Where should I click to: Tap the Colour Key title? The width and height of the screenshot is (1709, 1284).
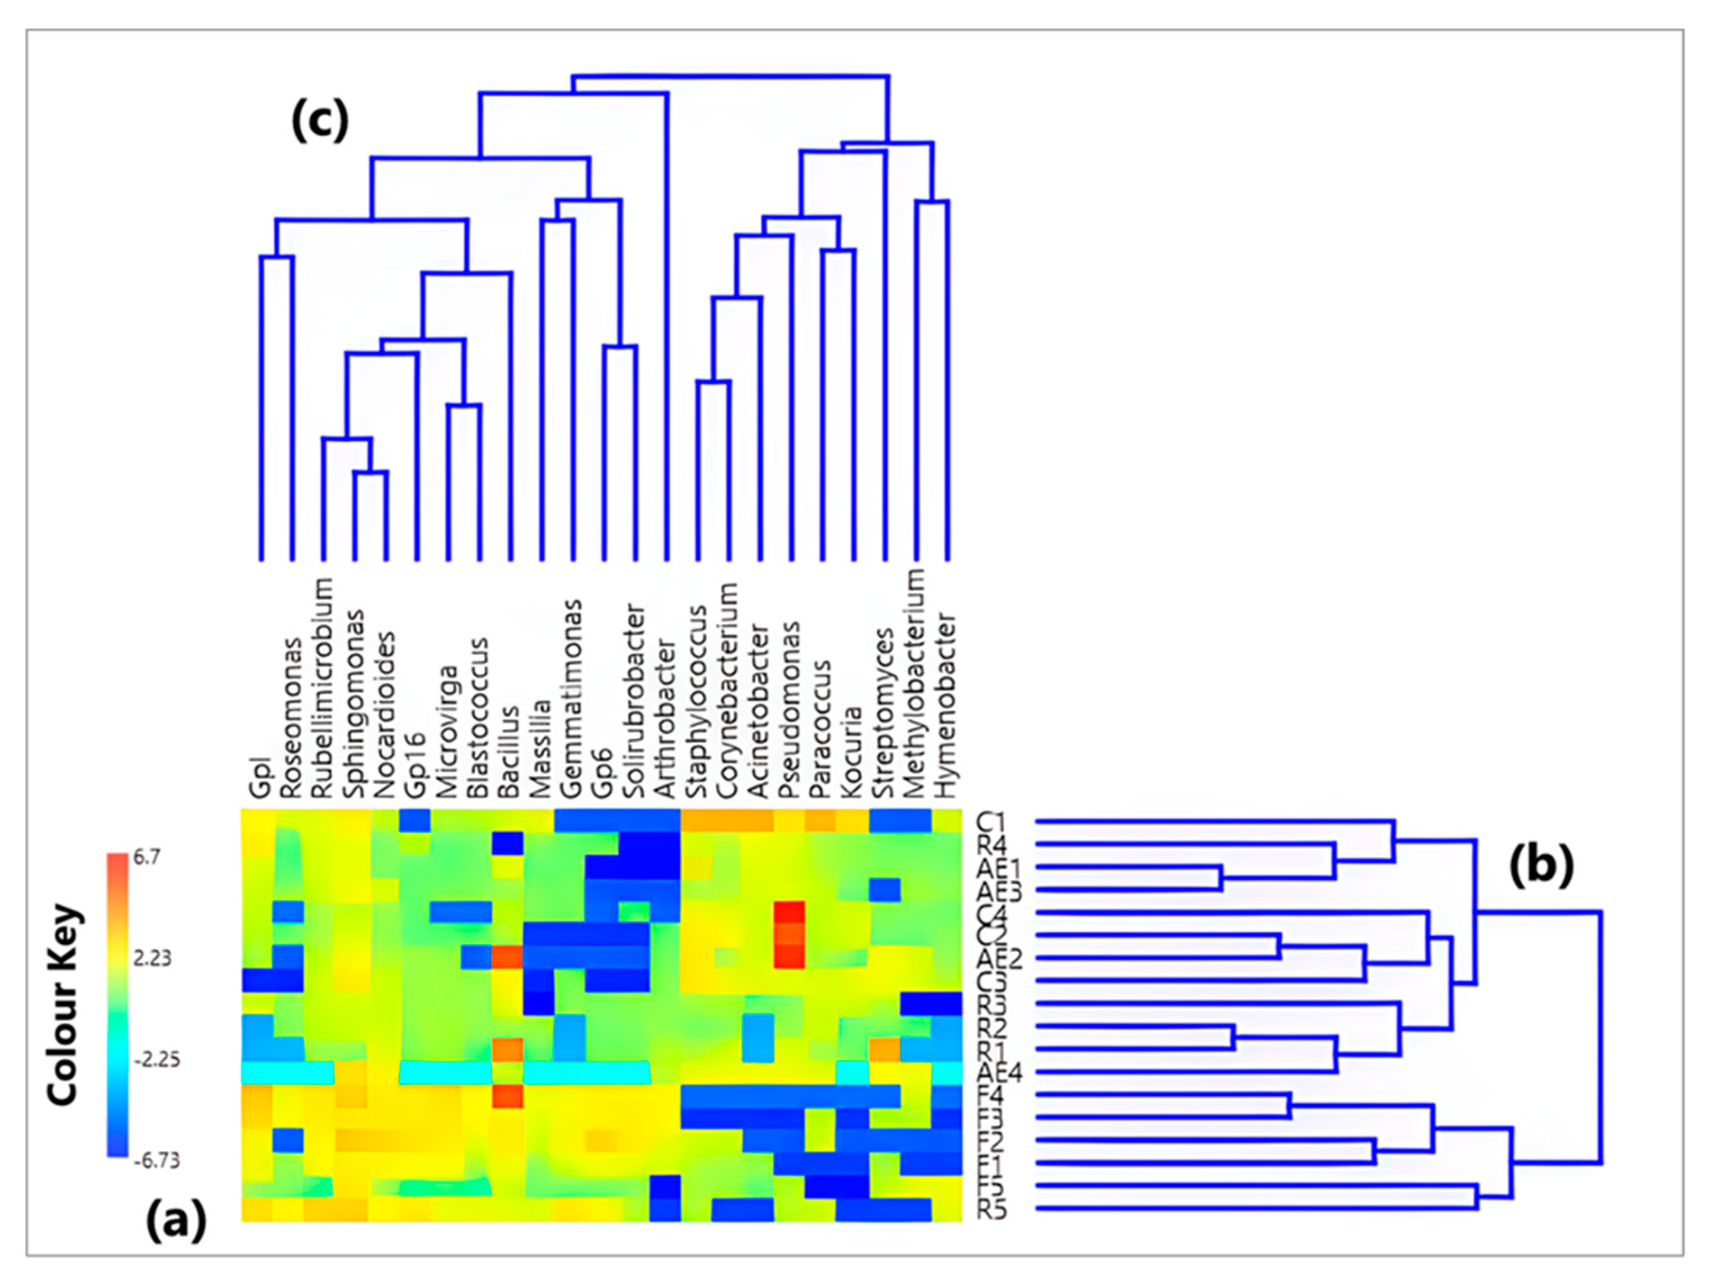(64, 1004)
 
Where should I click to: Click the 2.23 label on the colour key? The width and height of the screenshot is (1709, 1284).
(152, 959)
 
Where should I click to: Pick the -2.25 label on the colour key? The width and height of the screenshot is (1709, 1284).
(157, 1059)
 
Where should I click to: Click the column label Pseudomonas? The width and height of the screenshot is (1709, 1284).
(789, 710)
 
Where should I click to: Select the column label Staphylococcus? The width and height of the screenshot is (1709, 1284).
(696, 701)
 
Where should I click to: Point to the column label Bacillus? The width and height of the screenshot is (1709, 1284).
(508, 751)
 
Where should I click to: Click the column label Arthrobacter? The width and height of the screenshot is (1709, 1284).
(665, 719)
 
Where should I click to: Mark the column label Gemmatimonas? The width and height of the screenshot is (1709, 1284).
(571, 699)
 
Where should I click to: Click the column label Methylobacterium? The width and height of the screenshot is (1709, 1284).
(914, 684)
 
